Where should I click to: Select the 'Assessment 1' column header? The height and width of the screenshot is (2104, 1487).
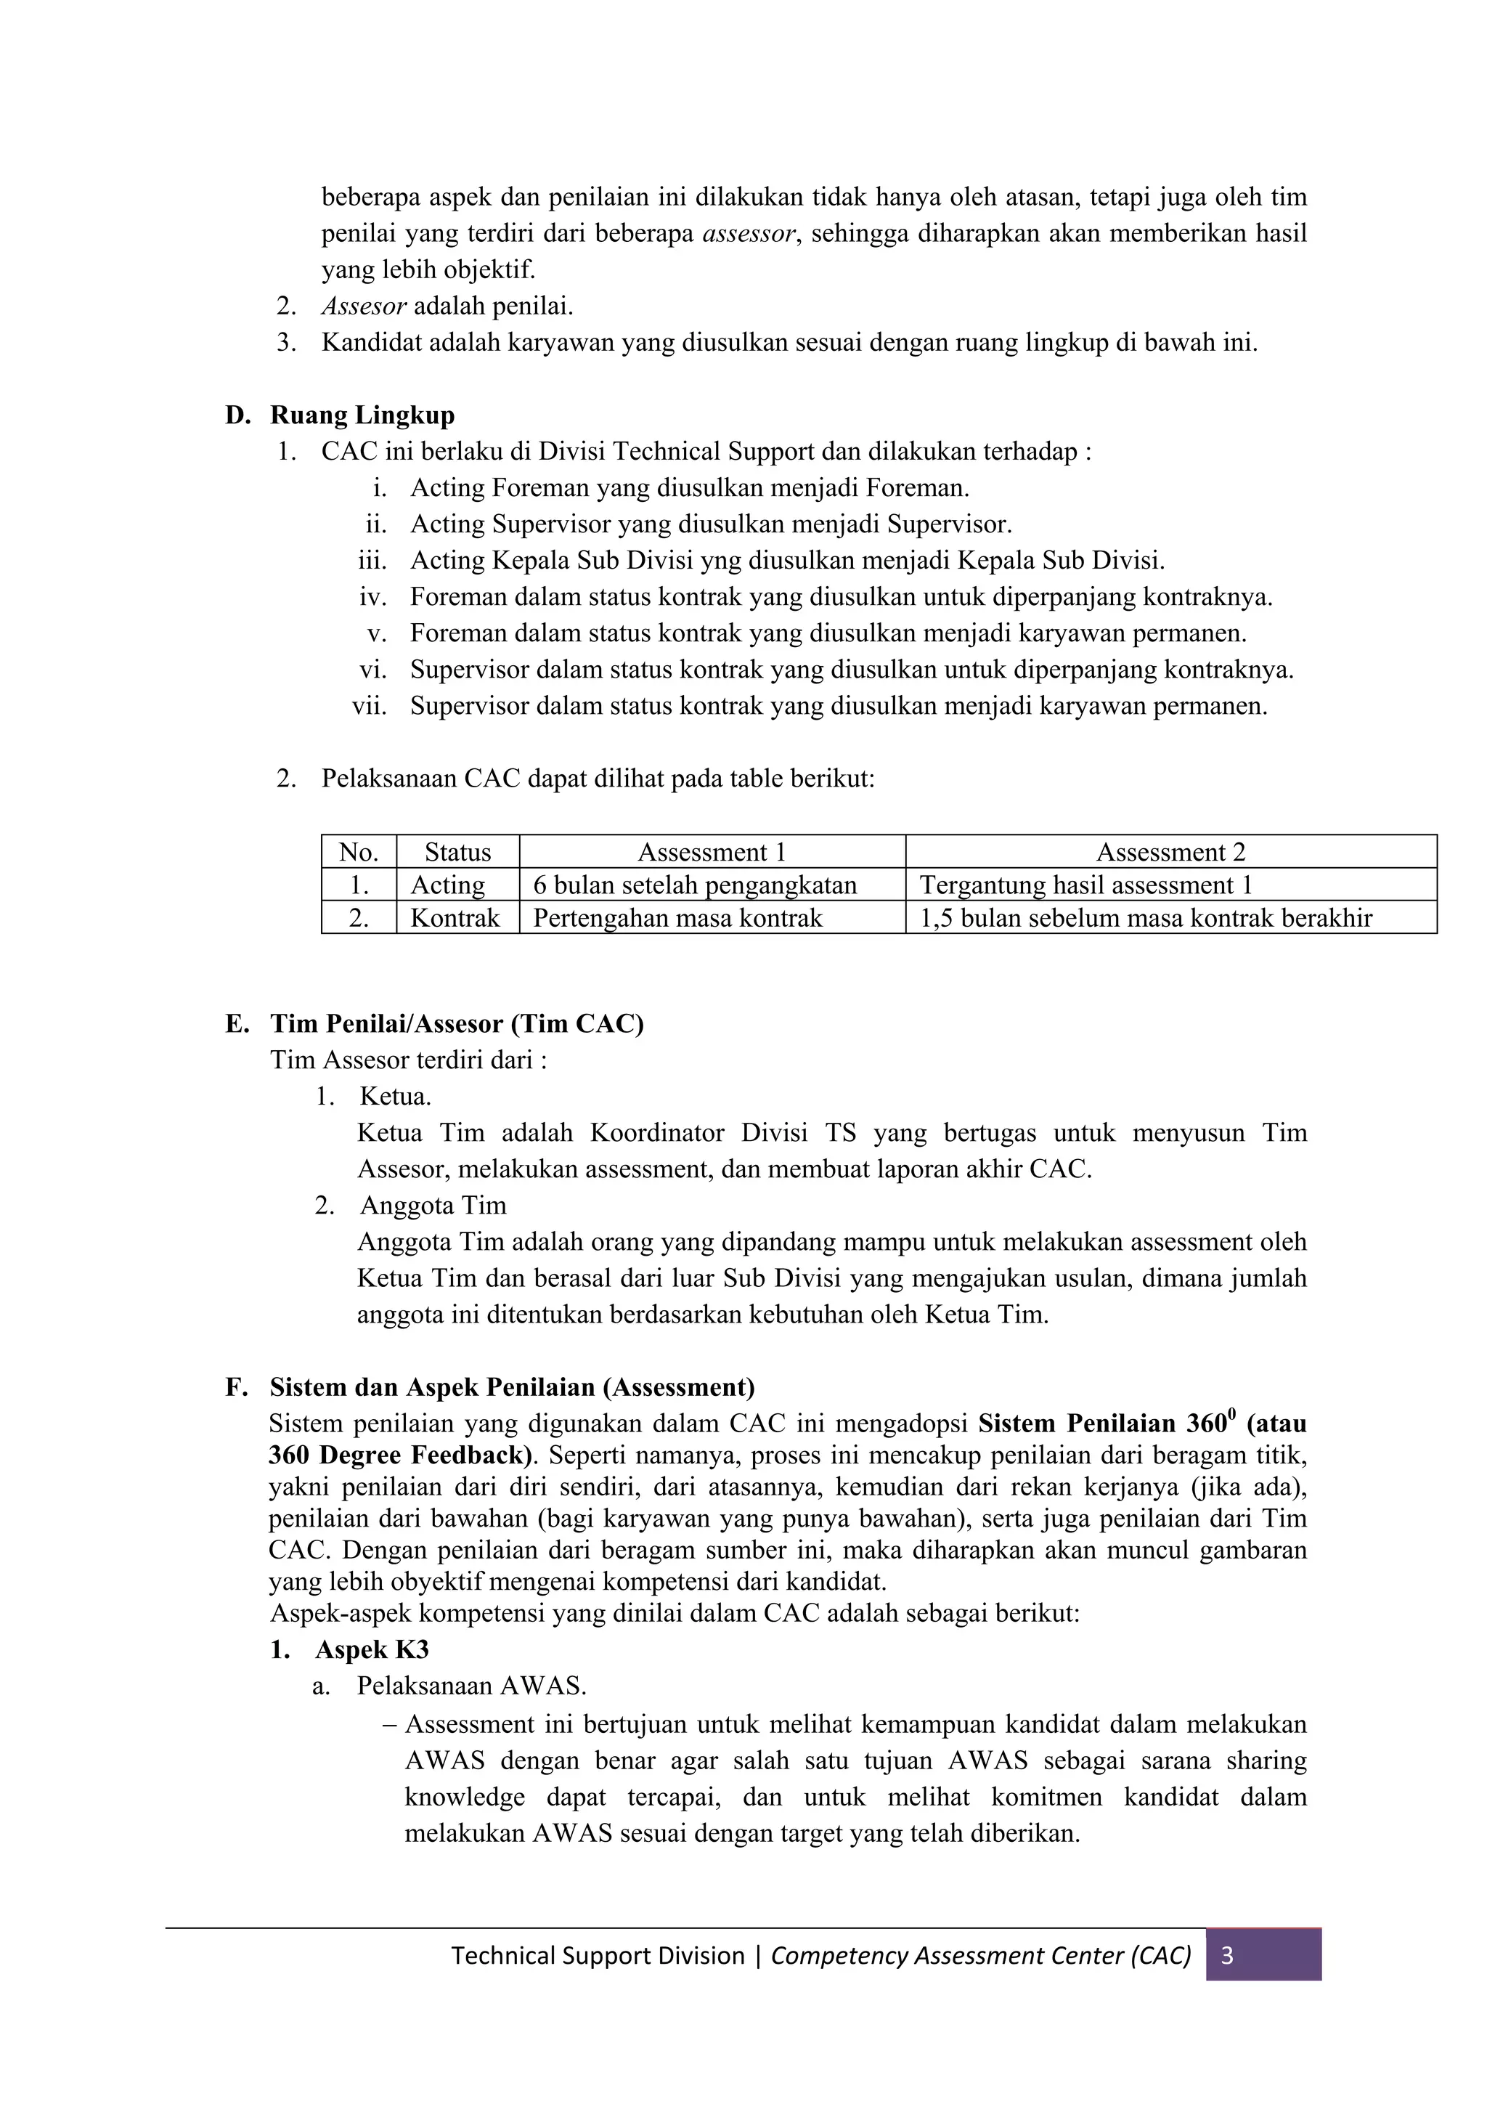712,852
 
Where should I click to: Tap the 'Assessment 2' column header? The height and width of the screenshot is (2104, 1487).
1171,852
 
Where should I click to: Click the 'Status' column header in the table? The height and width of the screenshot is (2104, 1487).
457,852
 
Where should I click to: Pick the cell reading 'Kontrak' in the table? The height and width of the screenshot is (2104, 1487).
455,918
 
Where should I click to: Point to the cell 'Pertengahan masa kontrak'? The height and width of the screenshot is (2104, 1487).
678,918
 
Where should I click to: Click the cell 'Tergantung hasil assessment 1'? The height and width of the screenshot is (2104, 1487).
1085,885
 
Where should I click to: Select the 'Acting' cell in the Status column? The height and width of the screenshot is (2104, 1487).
447,885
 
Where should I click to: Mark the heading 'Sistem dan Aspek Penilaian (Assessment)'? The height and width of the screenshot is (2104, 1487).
512,1387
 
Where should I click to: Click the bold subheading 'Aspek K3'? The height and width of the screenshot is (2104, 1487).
372,1649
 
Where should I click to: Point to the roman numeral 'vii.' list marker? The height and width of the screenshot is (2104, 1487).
370,707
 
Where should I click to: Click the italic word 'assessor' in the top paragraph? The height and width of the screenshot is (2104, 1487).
749,234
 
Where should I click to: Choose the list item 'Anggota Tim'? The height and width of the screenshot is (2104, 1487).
433,1205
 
